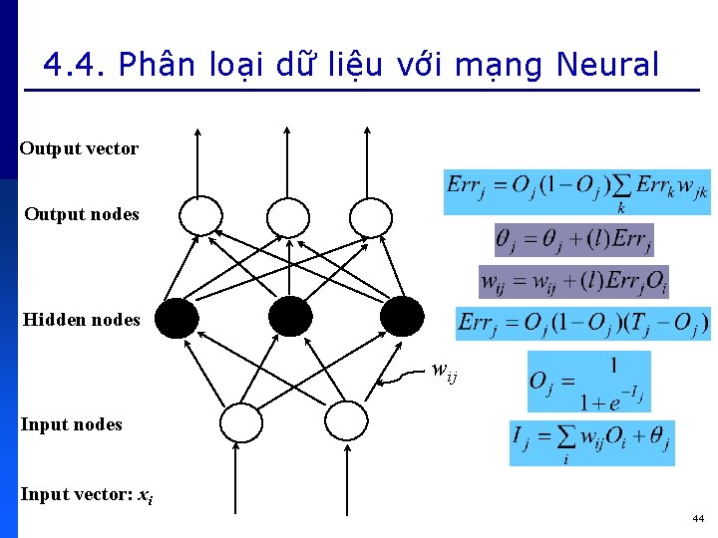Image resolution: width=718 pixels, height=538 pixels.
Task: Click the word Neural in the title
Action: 607,66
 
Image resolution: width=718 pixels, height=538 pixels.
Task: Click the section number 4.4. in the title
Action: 75,66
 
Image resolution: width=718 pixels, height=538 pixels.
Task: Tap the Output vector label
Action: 79,148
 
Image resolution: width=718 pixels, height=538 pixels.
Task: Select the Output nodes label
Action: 82,214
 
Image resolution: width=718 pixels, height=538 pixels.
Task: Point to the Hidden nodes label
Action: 82,320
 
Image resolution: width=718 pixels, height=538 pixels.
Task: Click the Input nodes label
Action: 72,424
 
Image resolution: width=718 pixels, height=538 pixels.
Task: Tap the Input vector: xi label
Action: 87,494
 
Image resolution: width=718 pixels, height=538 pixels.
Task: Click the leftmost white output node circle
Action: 199,215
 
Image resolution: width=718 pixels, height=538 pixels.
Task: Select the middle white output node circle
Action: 288,215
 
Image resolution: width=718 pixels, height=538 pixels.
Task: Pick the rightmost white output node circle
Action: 371,215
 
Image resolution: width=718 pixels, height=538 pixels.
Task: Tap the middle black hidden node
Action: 290,317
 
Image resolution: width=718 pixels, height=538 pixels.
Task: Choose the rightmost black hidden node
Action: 403,317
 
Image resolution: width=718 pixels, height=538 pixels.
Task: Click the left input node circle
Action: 239,422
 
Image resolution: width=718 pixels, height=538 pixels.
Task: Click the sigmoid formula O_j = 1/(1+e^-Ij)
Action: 588,382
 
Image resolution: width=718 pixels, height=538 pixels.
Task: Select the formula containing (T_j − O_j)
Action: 583,324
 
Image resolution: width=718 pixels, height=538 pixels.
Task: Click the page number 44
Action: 698,518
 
